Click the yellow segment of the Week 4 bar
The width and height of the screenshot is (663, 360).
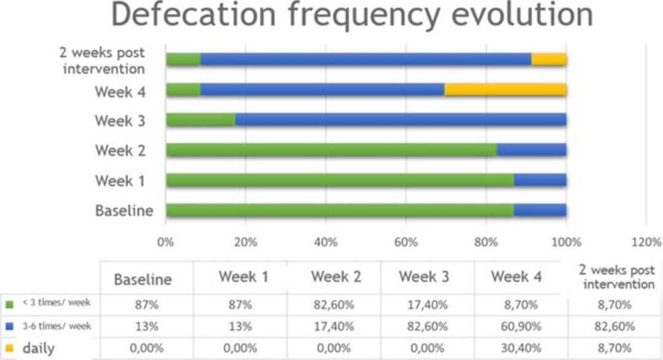click(x=505, y=90)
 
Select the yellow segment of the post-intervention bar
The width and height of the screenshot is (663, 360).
click(x=549, y=60)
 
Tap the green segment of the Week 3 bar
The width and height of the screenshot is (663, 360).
click(x=201, y=120)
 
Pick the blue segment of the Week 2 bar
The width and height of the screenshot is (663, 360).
click(x=531, y=150)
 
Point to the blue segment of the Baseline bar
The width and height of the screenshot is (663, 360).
click(x=540, y=211)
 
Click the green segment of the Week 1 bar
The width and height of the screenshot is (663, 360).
click(x=339, y=180)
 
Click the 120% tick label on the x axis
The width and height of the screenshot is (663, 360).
click(x=646, y=241)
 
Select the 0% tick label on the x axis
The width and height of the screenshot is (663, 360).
click(x=166, y=241)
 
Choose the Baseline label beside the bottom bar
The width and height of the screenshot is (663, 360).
click(x=124, y=211)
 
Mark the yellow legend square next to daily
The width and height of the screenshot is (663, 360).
click(x=9, y=348)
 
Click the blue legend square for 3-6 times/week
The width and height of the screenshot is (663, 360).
click(x=9, y=326)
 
